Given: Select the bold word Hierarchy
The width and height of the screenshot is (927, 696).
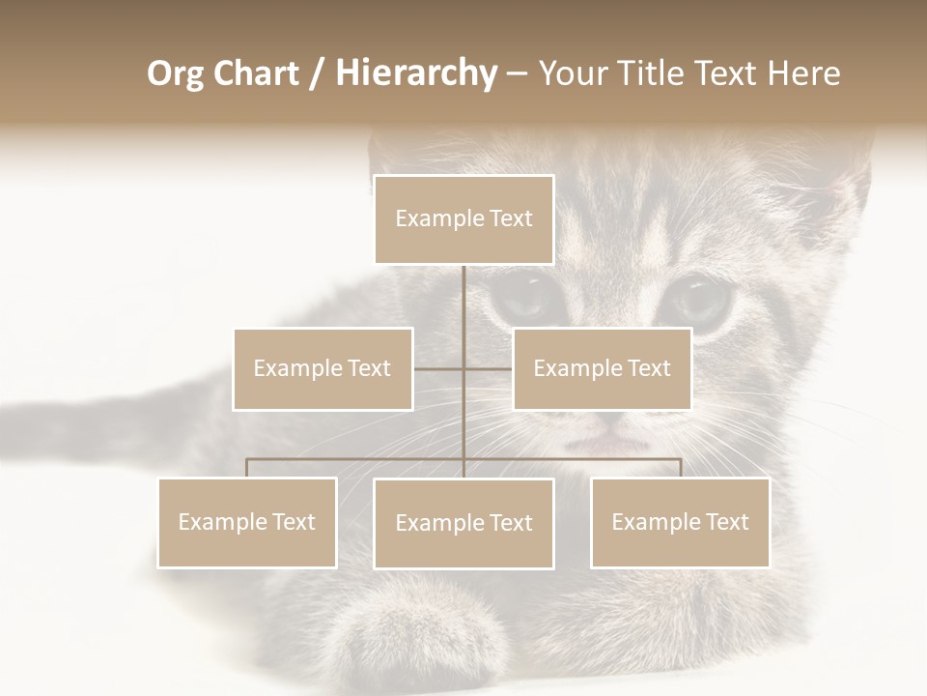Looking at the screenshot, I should (x=416, y=73).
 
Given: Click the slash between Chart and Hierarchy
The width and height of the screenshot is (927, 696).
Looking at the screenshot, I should (x=317, y=74).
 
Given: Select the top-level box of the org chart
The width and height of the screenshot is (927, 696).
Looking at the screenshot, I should (x=463, y=219).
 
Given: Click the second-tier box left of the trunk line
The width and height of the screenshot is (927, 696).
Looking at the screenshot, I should (x=323, y=368).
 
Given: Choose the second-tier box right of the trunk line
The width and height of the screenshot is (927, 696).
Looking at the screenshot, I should (x=602, y=368).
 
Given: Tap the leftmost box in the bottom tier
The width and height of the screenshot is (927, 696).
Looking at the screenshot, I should (x=247, y=523).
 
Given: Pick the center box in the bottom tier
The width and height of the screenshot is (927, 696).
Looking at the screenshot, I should (x=463, y=524).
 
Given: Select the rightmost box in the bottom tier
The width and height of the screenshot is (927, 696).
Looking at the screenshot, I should (x=680, y=523).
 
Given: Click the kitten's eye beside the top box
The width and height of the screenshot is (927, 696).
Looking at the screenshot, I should (x=521, y=298).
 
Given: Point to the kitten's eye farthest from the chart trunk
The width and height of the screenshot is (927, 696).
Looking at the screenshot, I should (x=697, y=300).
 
